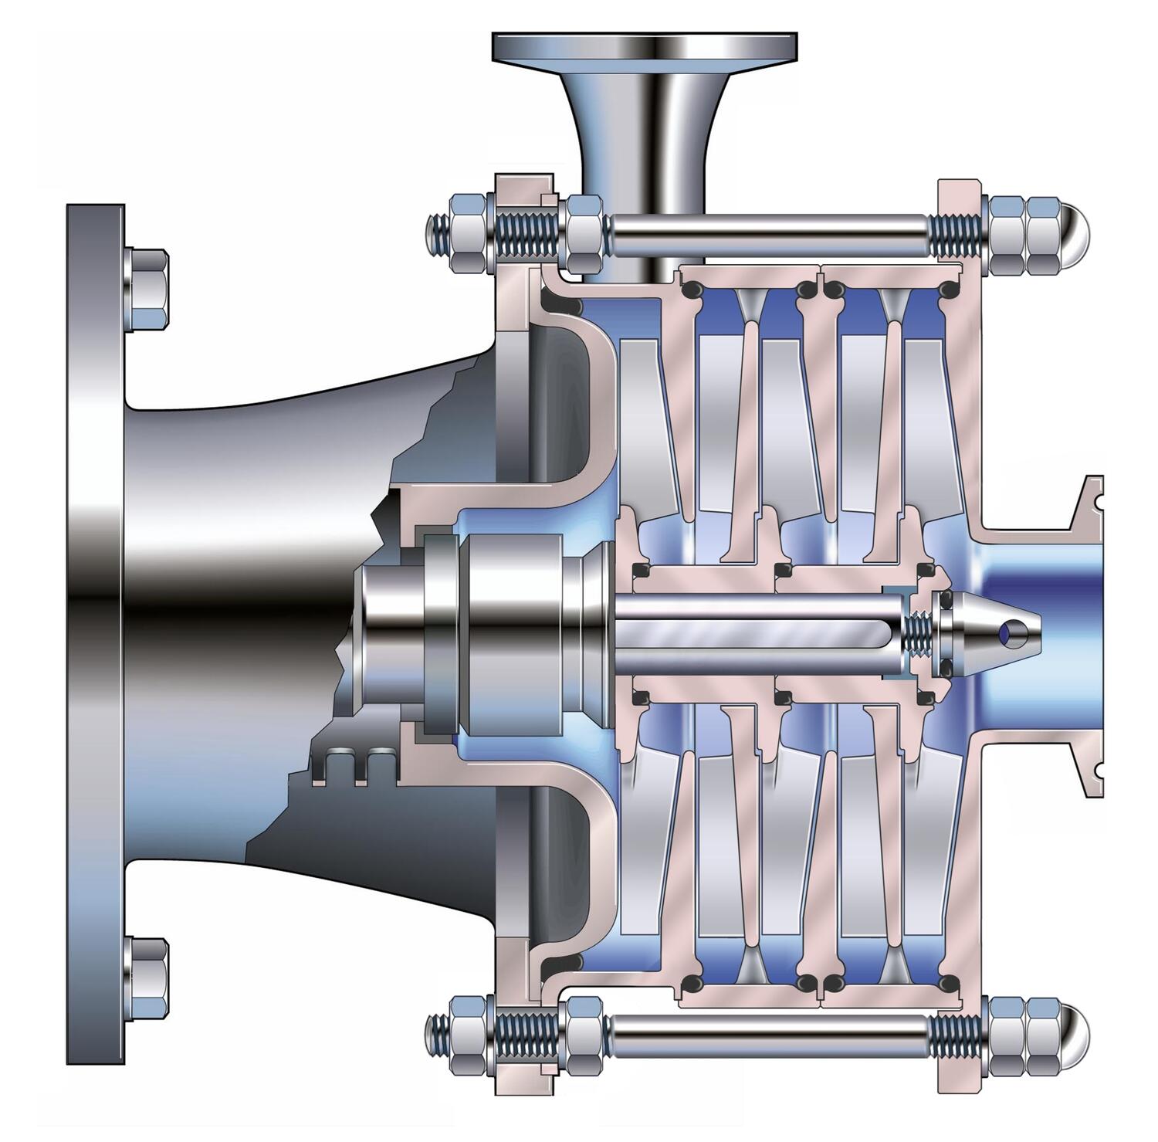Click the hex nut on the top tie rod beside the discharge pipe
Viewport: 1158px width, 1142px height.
584,233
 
